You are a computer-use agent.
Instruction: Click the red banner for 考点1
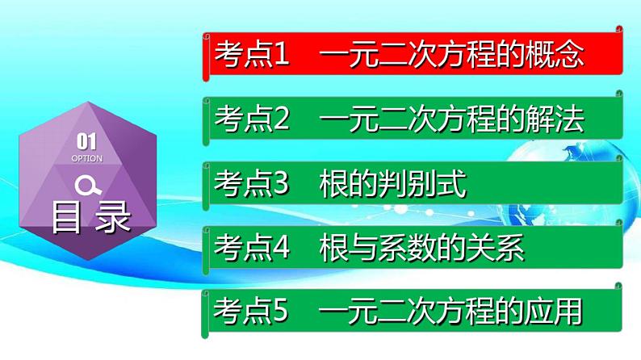[x=412, y=56]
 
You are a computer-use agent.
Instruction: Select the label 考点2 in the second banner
[x=251, y=120]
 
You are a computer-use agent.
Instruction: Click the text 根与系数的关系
[x=422, y=249]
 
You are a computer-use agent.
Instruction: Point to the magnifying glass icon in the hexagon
[x=87, y=185]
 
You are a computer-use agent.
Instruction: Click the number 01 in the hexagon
[x=86, y=143]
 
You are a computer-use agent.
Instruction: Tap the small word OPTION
[x=86, y=159]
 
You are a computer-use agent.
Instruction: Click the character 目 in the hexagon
[x=66, y=216]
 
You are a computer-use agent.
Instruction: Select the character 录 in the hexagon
[x=112, y=216]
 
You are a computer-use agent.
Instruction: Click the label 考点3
[x=251, y=185]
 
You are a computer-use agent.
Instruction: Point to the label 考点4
[x=251, y=249]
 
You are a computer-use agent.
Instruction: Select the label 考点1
[x=251, y=56]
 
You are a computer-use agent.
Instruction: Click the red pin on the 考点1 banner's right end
[x=619, y=31]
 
